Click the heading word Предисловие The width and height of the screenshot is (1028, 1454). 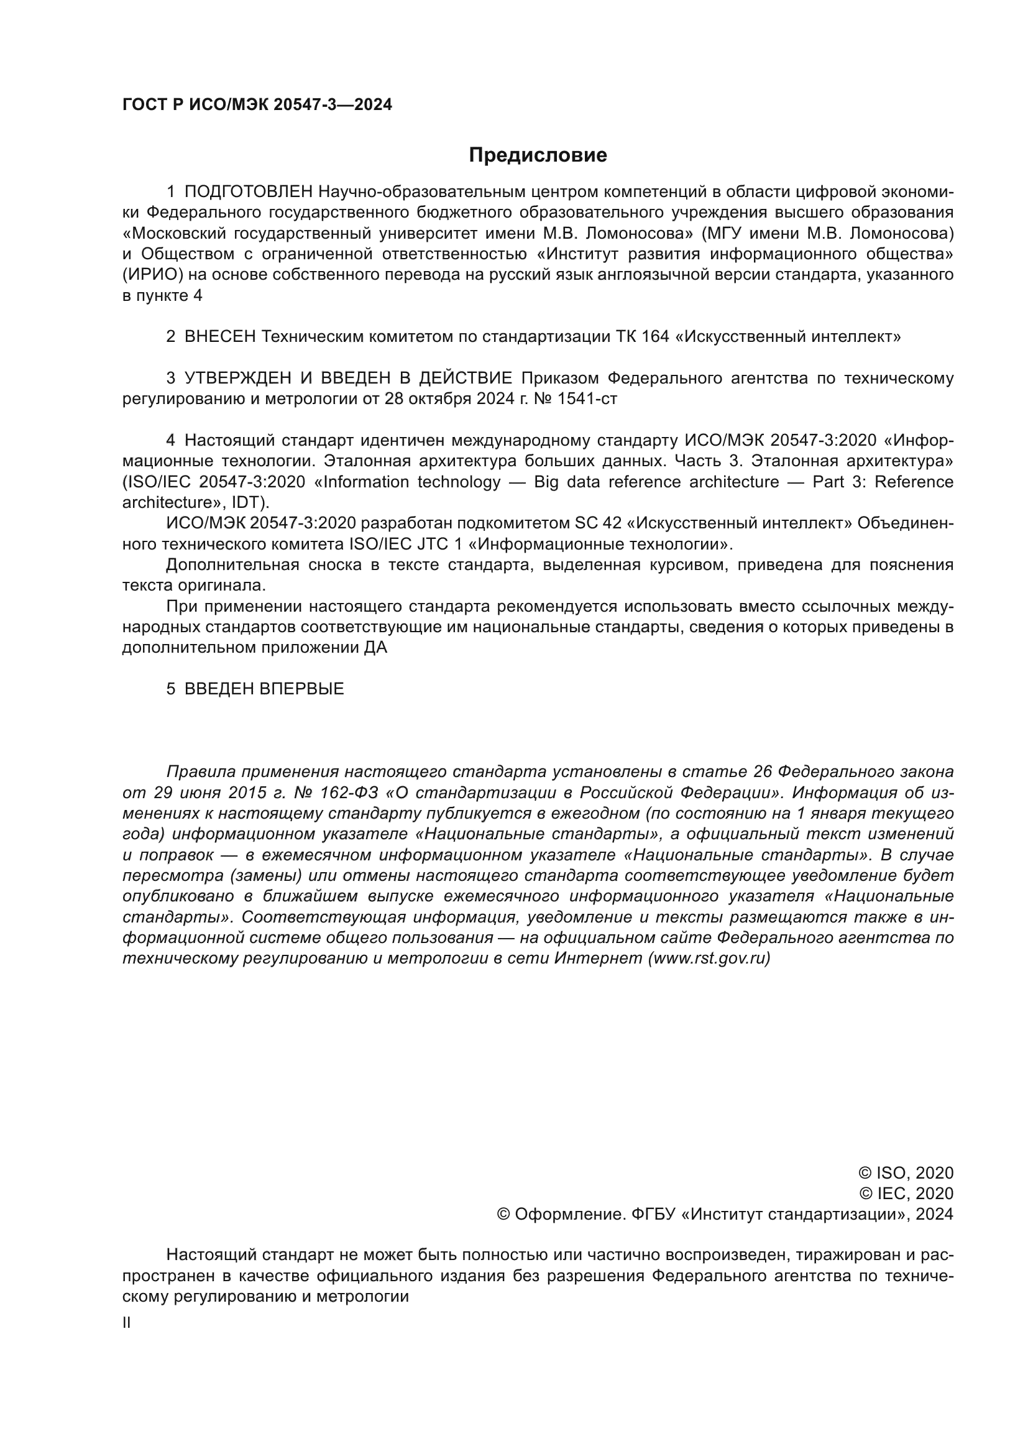(x=538, y=155)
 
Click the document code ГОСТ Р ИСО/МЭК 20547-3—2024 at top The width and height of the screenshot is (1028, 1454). (x=257, y=105)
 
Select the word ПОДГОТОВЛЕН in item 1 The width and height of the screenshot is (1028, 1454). (x=248, y=192)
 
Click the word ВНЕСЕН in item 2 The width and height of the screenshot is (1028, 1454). (x=219, y=337)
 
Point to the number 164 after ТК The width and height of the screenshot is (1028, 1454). (x=655, y=337)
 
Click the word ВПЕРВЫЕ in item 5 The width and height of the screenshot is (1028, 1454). (x=302, y=689)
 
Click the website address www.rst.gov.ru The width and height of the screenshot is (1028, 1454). (x=709, y=959)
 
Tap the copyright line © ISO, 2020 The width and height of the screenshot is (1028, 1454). (x=906, y=1173)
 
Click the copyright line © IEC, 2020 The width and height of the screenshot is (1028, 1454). (x=906, y=1194)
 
